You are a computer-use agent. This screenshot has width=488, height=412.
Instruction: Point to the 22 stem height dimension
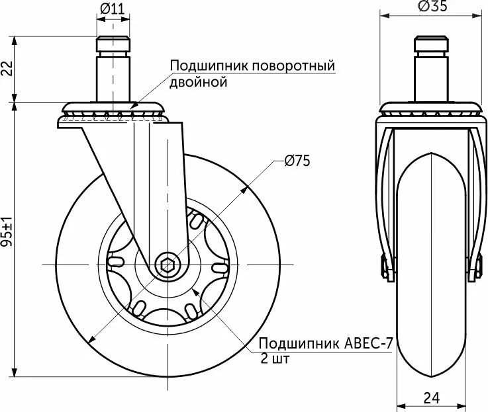click(7, 69)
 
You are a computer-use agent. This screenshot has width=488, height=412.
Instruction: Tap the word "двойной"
click(199, 82)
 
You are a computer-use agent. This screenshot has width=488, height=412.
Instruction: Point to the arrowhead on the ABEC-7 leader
click(194, 291)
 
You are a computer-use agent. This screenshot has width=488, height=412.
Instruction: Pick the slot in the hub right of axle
click(219, 267)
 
